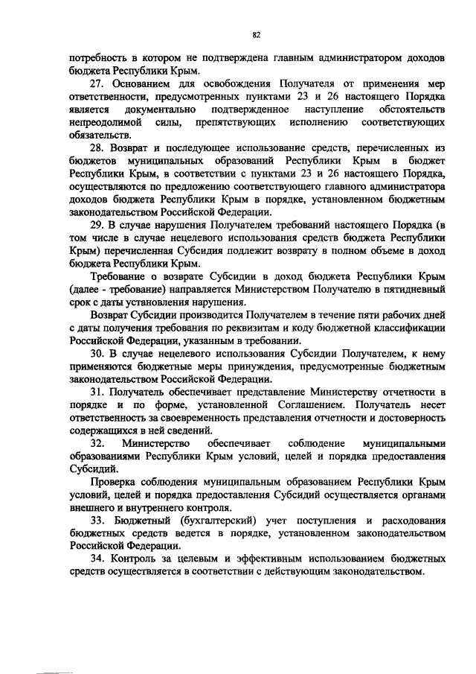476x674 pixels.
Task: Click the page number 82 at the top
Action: click(x=256, y=35)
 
